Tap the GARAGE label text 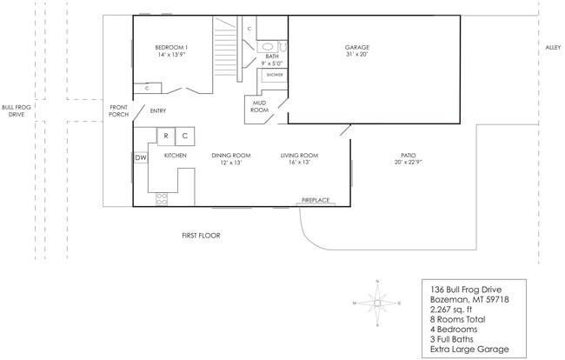pyautogui.click(x=357, y=46)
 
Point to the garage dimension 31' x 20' pyautogui.click(x=357, y=54)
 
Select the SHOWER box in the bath pyautogui.click(x=274, y=75)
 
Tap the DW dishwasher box pyautogui.click(x=140, y=157)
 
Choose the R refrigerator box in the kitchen pyautogui.click(x=164, y=137)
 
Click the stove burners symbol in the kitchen pyautogui.click(x=161, y=198)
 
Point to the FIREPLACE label pyautogui.click(x=316, y=201)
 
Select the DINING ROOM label pyautogui.click(x=230, y=156)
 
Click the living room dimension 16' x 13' pyautogui.click(x=299, y=163)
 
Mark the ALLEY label pyautogui.click(x=553, y=47)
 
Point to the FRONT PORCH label pyautogui.click(x=118, y=110)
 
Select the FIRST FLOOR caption pyautogui.click(x=201, y=236)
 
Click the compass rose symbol pyautogui.click(x=376, y=303)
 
